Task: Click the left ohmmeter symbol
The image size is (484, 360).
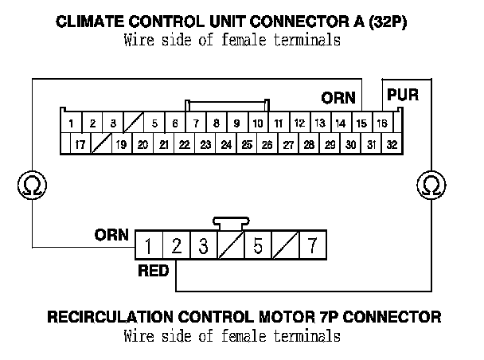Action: pyautogui.click(x=31, y=186)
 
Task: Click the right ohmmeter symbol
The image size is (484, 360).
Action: pyautogui.click(x=431, y=186)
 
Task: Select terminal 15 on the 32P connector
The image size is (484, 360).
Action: pyautogui.click(x=361, y=123)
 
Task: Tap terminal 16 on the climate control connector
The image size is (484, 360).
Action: pyautogui.click(x=382, y=123)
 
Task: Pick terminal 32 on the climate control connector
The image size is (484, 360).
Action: pyautogui.click(x=392, y=145)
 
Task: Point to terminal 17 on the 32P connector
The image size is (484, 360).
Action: pyautogui.click(x=80, y=145)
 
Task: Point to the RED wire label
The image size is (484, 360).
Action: pyautogui.click(x=153, y=271)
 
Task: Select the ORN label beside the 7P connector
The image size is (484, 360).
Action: pyautogui.click(x=111, y=235)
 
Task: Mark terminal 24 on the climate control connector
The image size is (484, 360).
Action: pyautogui.click(x=226, y=145)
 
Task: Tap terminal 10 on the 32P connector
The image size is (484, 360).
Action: pyautogui.click(x=258, y=123)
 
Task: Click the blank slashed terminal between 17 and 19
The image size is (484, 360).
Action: pyautogui.click(x=100, y=145)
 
